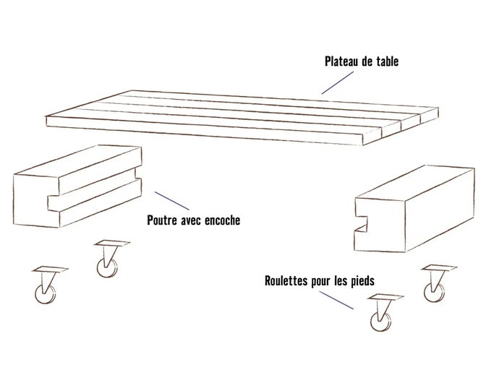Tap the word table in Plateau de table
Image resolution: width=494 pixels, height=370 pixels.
click(387, 63)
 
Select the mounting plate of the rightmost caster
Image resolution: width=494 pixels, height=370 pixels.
click(439, 269)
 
